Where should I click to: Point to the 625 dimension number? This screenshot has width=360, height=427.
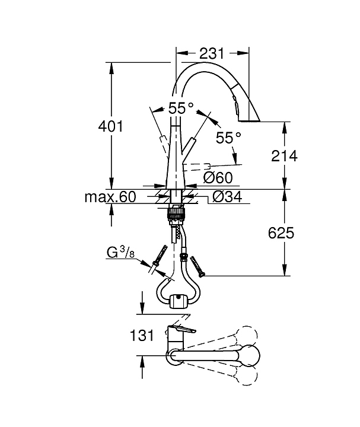[x=281, y=232]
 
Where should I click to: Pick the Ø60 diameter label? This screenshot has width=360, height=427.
[x=217, y=177]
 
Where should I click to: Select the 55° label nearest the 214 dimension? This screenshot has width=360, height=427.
[x=228, y=138]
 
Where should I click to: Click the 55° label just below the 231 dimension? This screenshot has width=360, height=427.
[x=181, y=109]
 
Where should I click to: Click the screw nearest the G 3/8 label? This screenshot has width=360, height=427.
[x=158, y=262]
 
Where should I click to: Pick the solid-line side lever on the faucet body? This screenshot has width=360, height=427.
[x=190, y=146]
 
